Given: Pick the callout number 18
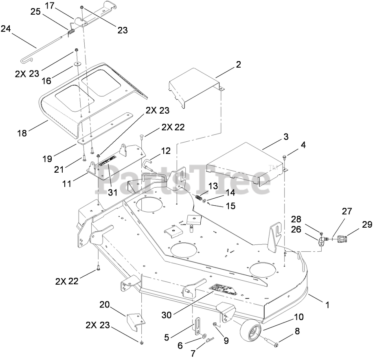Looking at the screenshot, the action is pyautogui.click(x=22, y=133).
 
